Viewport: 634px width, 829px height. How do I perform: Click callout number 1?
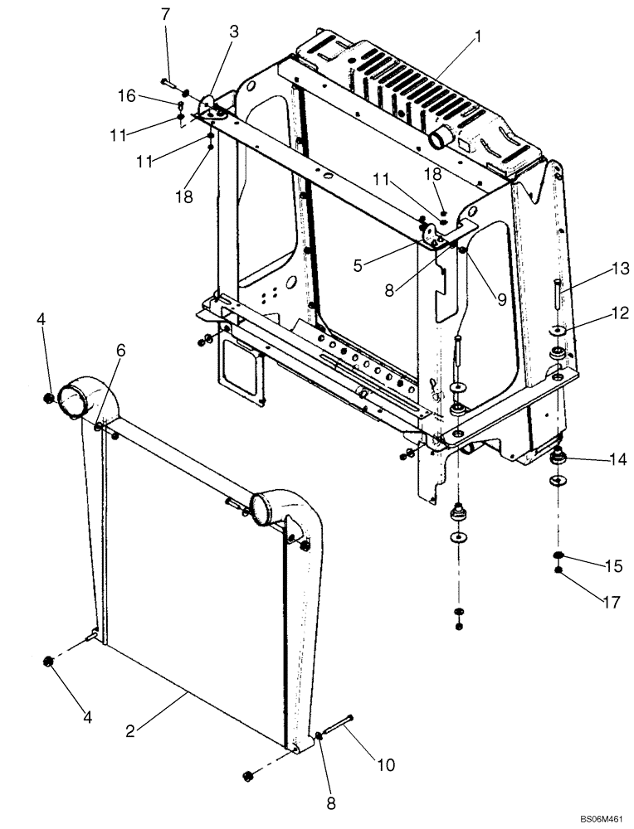pos(478,36)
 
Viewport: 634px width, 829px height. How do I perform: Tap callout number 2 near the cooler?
pos(130,731)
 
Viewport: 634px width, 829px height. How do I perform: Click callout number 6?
pos(121,351)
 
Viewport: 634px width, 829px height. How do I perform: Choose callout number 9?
pos(501,301)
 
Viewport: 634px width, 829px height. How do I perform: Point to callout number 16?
pos(126,97)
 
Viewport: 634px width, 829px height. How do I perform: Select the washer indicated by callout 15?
pos(559,556)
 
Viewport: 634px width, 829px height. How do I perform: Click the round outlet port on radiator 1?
pos(441,135)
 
